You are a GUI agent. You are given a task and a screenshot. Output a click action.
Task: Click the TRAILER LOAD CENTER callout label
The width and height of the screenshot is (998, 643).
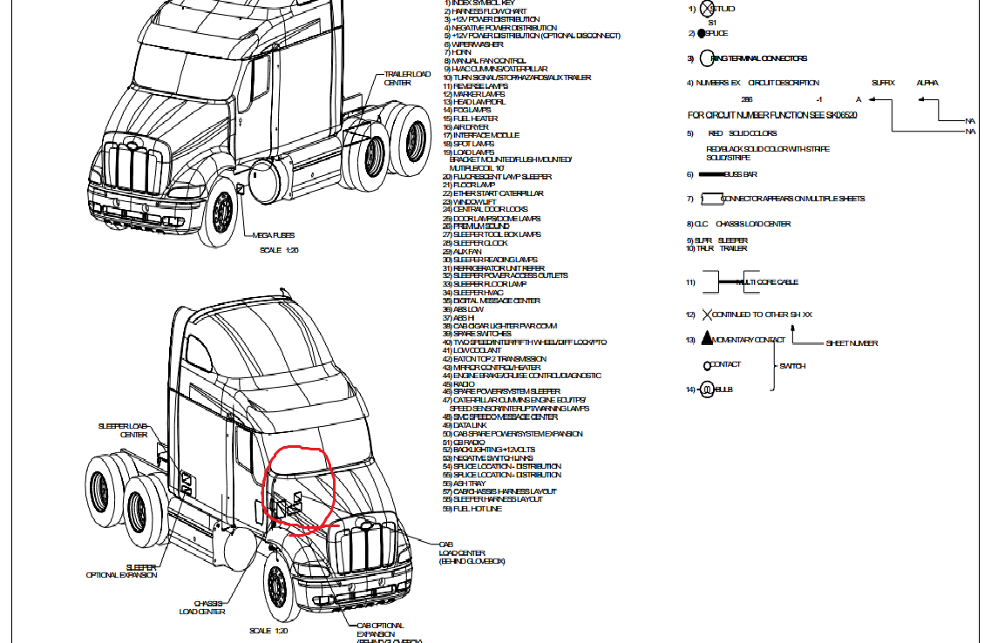(407, 78)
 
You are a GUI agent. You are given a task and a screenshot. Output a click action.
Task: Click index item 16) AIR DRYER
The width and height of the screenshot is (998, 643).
(470, 127)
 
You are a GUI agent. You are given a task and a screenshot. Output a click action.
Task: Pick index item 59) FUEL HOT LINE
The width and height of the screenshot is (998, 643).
(477, 508)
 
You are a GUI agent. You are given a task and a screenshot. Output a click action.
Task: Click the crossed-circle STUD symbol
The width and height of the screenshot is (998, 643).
(707, 9)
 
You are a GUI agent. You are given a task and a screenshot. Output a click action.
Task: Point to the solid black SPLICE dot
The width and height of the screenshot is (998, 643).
(702, 33)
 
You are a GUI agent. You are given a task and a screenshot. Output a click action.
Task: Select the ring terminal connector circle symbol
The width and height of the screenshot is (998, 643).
(707, 58)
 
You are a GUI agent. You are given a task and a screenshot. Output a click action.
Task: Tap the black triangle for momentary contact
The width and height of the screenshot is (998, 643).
(707, 339)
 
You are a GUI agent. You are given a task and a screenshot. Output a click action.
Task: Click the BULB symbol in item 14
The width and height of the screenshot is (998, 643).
(706, 390)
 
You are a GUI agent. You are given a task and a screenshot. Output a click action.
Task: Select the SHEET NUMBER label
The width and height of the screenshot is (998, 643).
(852, 343)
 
